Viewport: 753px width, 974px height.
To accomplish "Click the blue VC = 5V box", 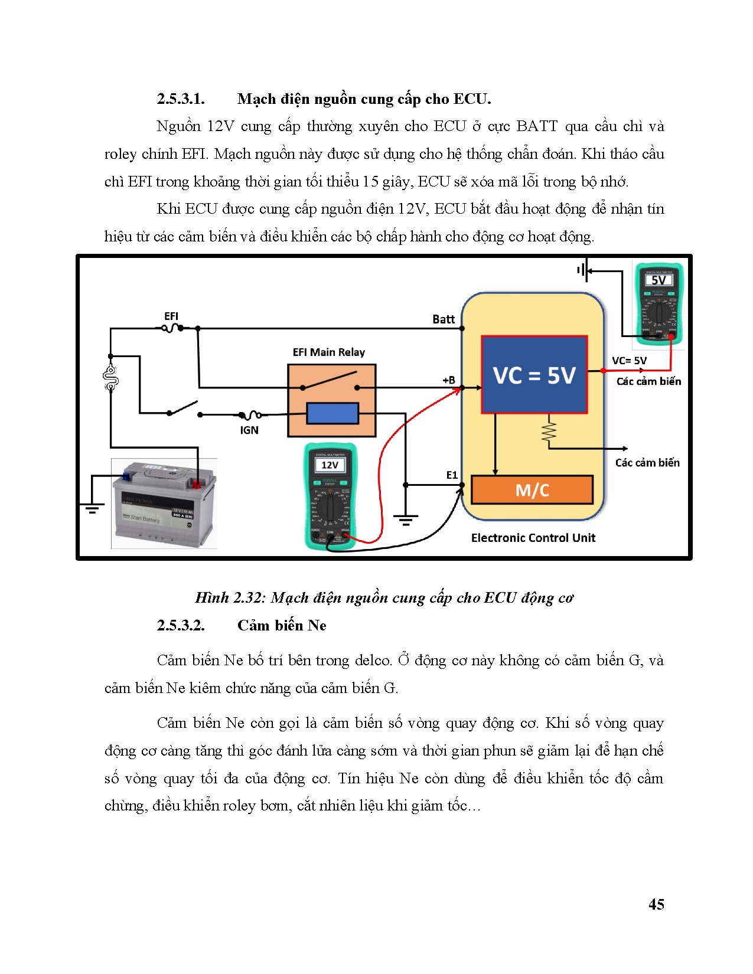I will coord(534,375).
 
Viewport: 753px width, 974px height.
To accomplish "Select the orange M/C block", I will coord(532,490).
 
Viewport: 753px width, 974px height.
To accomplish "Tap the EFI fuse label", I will coord(171,316).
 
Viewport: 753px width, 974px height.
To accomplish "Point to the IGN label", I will coord(249,430).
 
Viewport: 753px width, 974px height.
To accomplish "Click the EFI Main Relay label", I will coord(329,352).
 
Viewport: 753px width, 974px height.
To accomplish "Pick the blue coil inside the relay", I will coord(333,413).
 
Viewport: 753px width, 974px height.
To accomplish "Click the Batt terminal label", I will coord(444,319).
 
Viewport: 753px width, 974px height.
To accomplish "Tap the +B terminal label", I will coord(449,380).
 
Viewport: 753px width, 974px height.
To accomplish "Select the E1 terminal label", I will coord(452,475).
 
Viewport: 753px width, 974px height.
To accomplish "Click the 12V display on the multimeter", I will coord(330,465).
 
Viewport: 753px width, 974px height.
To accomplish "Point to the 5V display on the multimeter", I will coord(659,280).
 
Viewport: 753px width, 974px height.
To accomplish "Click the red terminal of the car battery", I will coord(195,484).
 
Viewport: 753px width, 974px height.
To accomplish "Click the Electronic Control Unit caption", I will coord(533,538).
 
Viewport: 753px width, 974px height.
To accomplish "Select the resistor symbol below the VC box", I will coord(549,431).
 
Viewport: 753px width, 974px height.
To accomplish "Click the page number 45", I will coord(656,904).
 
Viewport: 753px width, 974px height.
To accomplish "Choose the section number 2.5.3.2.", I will coord(181,626).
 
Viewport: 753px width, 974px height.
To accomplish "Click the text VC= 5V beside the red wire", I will coord(629,361).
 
